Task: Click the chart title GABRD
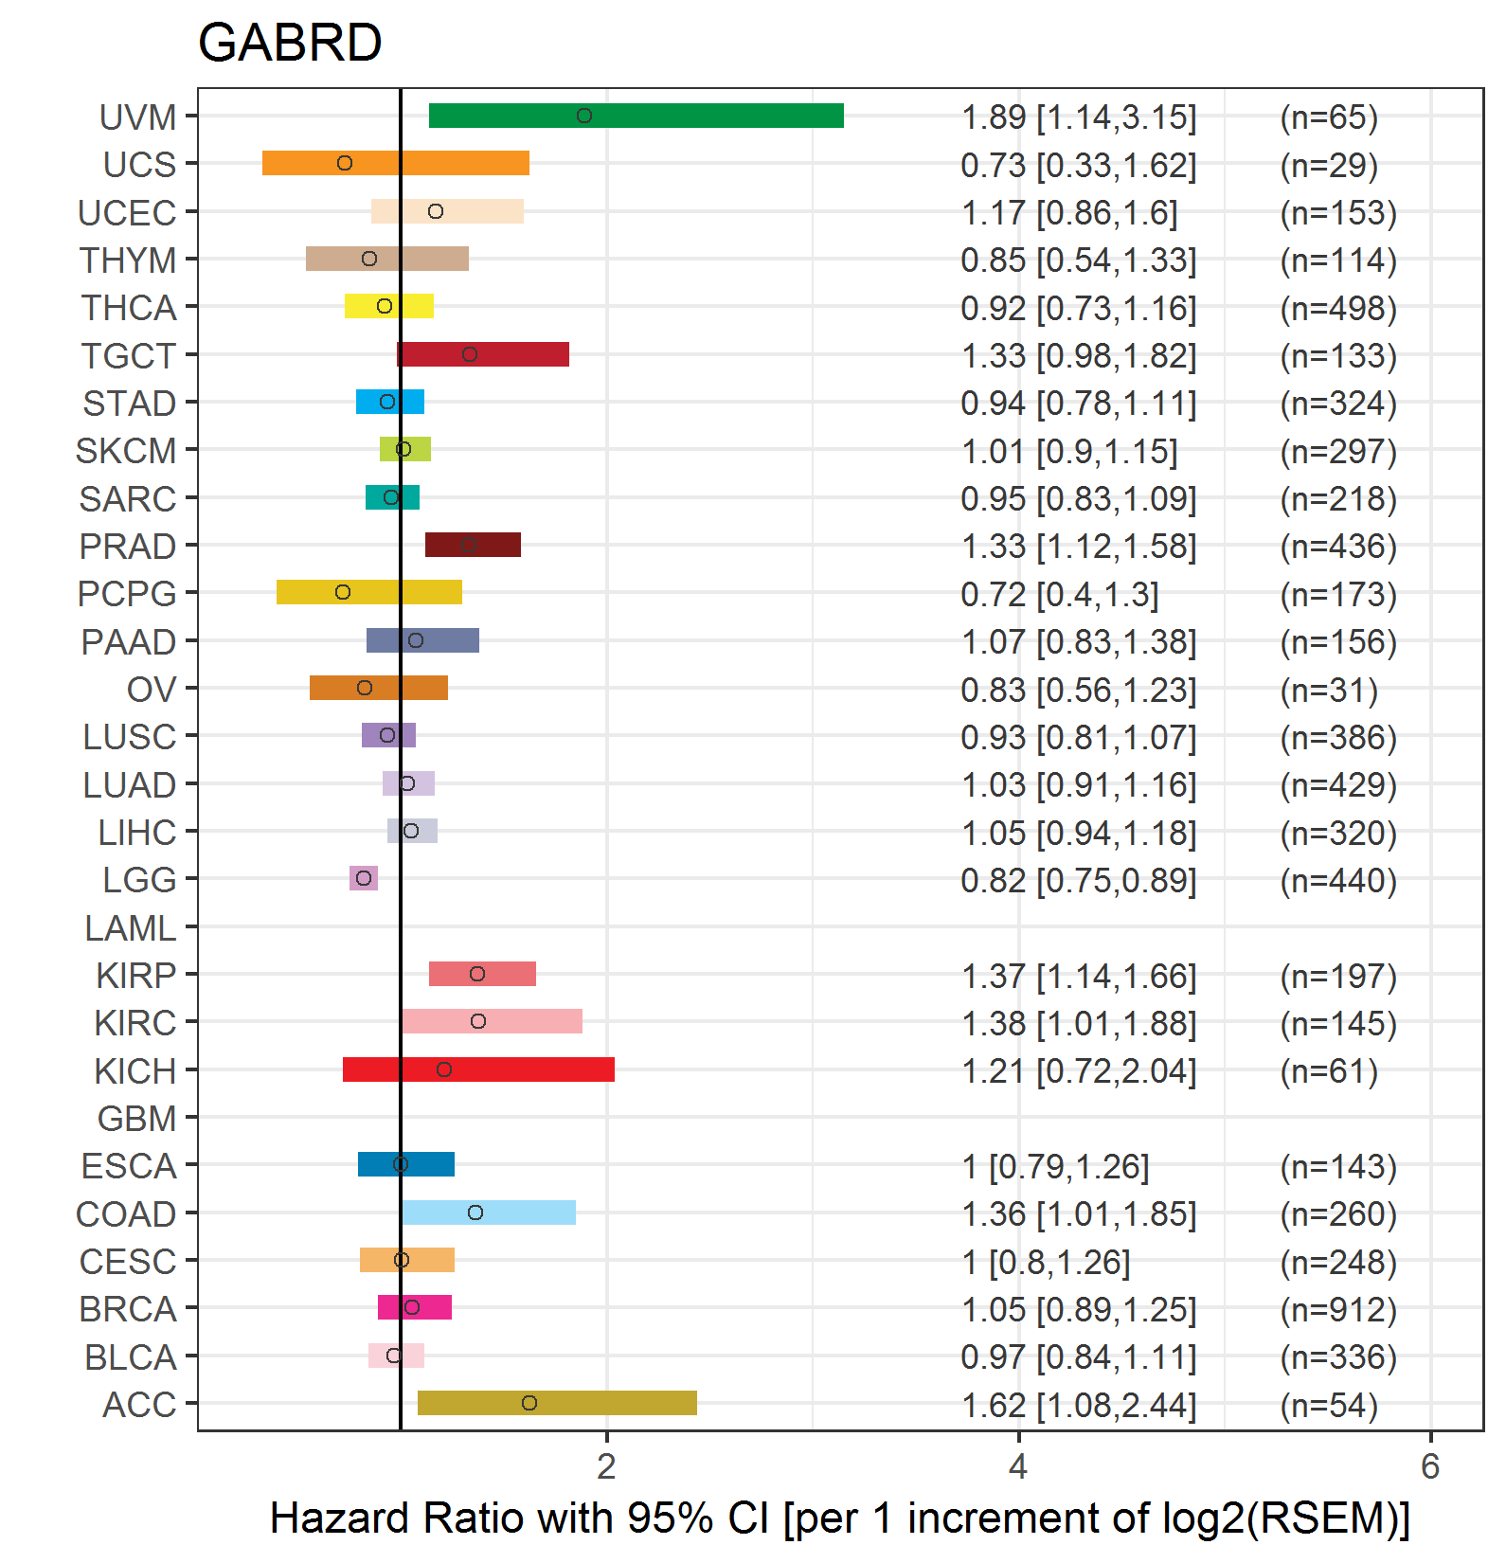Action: click(290, 43)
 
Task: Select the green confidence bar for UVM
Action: click(636, 116)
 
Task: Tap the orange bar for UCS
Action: click(395, 163)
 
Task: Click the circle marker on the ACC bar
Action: click(529, 1403)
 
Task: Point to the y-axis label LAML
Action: click(130, 928)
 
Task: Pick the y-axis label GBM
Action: click(136, 1119)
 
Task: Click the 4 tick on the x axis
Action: click(1018, 1466)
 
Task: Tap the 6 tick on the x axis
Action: click(1430, 1466)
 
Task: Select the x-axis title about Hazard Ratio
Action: click(839, 1518)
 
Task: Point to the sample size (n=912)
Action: click(1338, 1309)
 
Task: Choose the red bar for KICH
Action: click(478, 1069)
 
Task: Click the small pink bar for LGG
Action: click(364, 878)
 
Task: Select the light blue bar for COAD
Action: click(488, 1213)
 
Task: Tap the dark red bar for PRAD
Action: click(473, 545)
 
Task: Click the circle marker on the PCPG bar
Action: click(343, 592)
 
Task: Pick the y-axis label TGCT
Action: click(129, 356)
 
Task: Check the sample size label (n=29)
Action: click(1329, 165)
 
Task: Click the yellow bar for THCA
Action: click(389, 306)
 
